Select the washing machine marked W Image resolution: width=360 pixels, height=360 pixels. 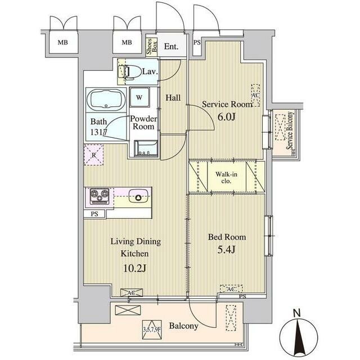coord(139,97)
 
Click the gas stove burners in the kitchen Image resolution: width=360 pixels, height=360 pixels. coord(100,196)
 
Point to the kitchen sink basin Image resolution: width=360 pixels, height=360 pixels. coord(138,196)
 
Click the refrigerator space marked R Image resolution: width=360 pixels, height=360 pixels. coord(94,155)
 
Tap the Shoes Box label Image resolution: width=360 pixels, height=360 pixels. coord(152,47)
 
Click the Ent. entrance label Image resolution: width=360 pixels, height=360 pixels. coord(171,47)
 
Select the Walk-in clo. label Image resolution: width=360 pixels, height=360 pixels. coord(226,178)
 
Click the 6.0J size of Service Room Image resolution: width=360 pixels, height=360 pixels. coord(226,117)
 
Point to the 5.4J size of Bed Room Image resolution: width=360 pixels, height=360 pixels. coord(226,250)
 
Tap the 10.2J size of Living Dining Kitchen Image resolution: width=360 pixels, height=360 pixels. coord(135,268)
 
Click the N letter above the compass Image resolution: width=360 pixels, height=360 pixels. coord(298,313)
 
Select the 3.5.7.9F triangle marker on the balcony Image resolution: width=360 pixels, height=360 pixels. coord(152,330)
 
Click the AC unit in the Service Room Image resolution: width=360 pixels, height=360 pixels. coord(255,95)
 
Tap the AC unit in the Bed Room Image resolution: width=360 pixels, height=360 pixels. coord(231,289)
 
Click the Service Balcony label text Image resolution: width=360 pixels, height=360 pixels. coord(290,130)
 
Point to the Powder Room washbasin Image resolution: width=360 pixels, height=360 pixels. coord(146,148)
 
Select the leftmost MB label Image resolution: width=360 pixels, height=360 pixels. coord(62,43)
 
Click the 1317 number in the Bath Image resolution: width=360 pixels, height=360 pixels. coord(99,132)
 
